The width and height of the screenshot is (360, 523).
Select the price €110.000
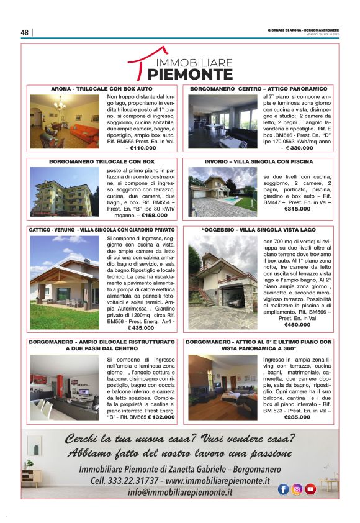pos(140,148)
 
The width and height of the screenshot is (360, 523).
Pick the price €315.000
pos(279,209)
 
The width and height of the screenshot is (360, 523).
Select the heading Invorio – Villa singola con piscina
pos(259,161)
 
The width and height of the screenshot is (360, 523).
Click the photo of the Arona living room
pos(66,122)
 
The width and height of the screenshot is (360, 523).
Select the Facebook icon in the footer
pos(283,489)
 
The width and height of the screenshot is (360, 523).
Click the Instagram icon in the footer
pos(297,489)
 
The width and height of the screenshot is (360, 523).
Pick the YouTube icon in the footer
pos(310,489)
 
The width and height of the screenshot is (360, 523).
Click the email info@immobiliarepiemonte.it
pos(180,493)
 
